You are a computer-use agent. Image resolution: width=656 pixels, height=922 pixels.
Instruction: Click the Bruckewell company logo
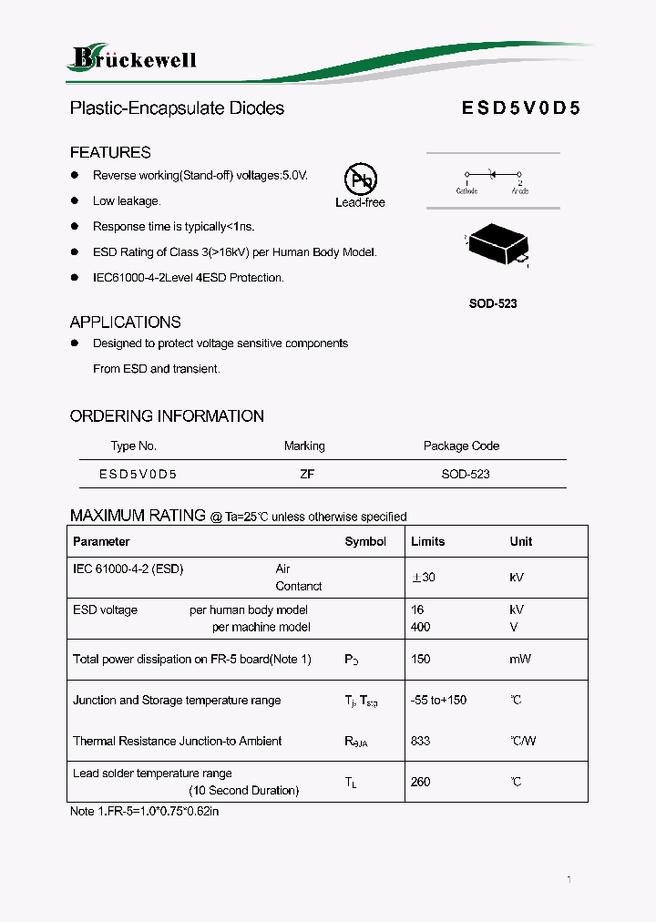[x=133, y=59]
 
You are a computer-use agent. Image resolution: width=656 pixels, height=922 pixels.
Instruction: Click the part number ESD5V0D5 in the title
[x=520, y=108]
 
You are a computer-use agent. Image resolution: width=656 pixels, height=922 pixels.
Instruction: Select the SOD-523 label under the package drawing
[x=493, y=303]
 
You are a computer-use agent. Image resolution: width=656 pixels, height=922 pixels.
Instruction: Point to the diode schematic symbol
[x=493, y=173]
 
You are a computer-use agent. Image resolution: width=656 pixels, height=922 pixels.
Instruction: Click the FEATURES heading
[x=110, y=152]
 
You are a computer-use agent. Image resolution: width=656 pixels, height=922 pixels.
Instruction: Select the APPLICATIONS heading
[x=125, y=322]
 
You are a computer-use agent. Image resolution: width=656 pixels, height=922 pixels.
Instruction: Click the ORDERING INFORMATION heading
[x=167, y=416]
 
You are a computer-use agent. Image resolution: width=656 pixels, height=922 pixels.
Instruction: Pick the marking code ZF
[x=306, y=474]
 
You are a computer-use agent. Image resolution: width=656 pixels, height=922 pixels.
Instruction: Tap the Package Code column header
[x=461, y=446]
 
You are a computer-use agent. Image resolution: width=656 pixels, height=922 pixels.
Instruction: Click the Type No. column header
[x=134, y=446]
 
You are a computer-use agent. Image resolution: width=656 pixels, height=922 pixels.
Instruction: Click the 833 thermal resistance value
[x=421, y=741]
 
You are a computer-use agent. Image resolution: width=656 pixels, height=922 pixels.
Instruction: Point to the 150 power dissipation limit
[x=421, y=659]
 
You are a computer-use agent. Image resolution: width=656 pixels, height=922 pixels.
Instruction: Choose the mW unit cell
[x=520, y=659]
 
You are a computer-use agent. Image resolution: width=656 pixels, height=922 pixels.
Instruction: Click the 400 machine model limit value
[x=421, y=627]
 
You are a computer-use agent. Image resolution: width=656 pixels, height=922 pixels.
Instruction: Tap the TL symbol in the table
[x=351, y=783]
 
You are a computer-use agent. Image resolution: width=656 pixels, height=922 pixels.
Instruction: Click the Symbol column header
[x=365, y=541]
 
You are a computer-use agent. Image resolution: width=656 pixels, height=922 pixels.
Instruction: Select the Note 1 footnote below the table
[x=144, y=811]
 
